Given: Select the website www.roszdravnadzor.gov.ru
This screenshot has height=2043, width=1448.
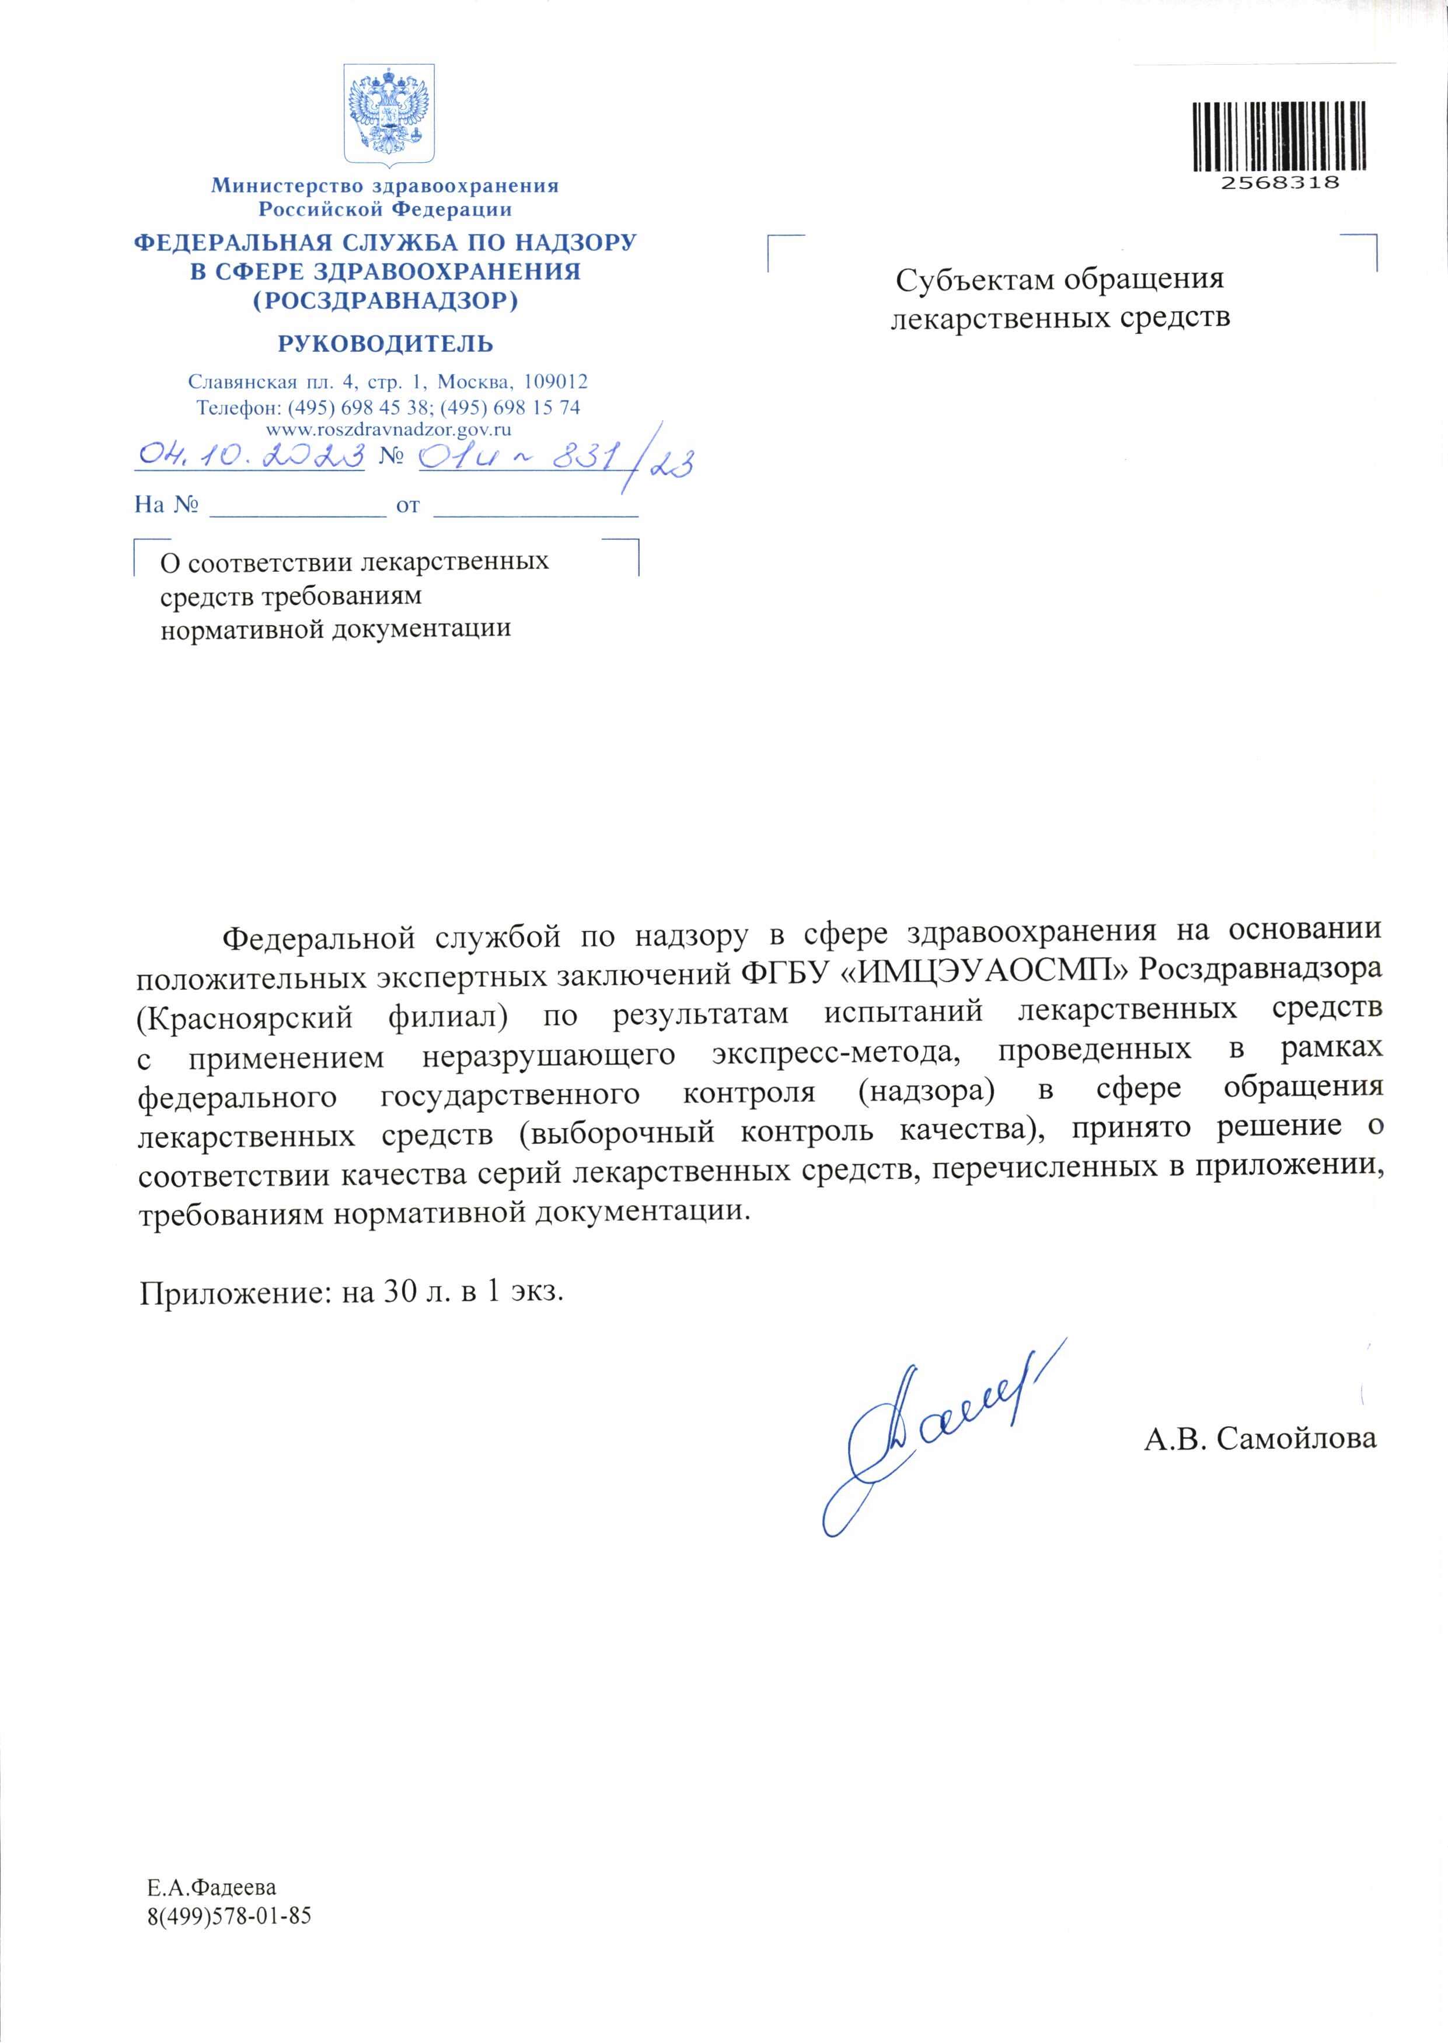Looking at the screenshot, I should point(388,429).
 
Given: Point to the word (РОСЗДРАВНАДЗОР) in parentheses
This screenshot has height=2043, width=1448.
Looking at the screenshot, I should point(385,301).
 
